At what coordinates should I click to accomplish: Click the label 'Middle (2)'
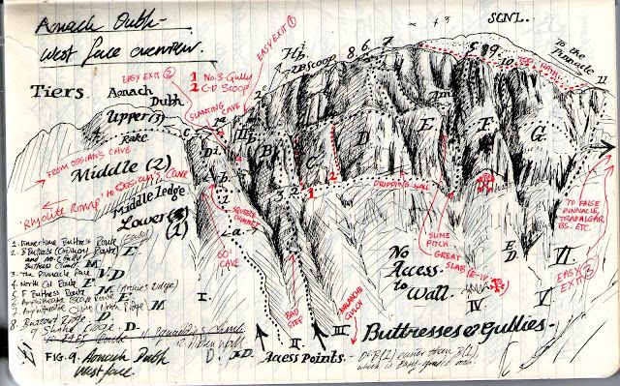(x=108, y=180)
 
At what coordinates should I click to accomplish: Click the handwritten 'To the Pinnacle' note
(x=580, y=52)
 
